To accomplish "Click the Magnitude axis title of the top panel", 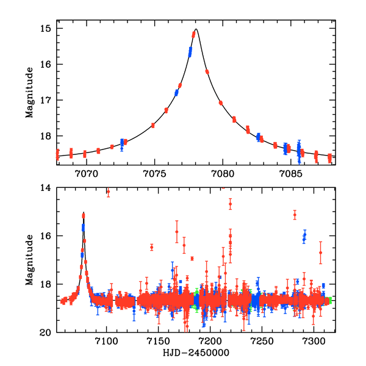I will [29, 94].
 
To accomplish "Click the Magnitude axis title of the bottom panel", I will [29, 260].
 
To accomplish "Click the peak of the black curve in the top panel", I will [196, 29].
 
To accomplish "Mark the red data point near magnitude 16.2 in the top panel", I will [207, 71].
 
